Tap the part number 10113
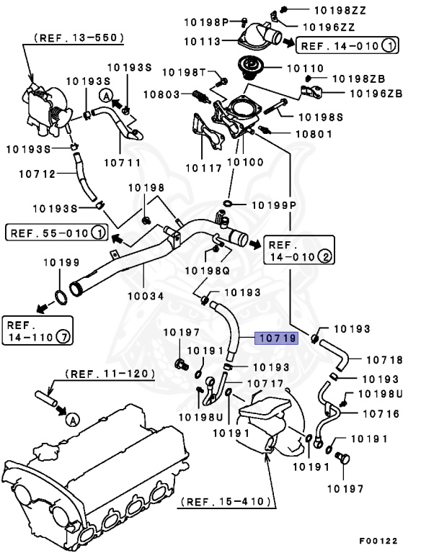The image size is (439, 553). [x=203, y=42]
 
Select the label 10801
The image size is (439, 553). [x=313, y=133]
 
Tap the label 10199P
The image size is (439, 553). [x=275, y=205]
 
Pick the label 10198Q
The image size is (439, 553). [x=208, y=270]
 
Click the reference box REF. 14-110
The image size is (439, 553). [x=34, y=328]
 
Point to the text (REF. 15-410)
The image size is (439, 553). [x=226, y=500]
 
